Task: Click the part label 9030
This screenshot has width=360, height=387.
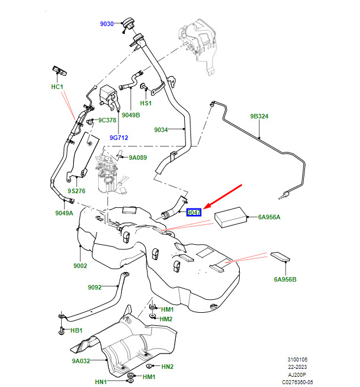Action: [x=107, y=24]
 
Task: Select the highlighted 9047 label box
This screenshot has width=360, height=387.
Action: [x=194, y=212]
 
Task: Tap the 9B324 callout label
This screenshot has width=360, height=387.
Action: [x=259, y=116]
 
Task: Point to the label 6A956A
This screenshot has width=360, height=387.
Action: [x=269, y=217]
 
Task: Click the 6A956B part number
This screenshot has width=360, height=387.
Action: [x=285, y=279]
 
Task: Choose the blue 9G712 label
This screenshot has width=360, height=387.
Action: [x=118, y=138]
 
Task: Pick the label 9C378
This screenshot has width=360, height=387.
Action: [x=107, y=120]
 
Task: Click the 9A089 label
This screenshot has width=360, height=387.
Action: [x=138, y=158]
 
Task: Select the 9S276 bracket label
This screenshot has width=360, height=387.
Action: [x=77, y=191]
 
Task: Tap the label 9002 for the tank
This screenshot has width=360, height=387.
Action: [x=81, y=266]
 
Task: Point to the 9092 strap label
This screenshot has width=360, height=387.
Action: [x=95, y=287]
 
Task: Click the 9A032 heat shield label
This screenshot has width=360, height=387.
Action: [x=81, y=361]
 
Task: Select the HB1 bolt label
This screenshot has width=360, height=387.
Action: [x=77, y=330]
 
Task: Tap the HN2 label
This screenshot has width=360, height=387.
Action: [x=167, y=367]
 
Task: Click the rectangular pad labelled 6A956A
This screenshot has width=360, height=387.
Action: [x=231, y=218]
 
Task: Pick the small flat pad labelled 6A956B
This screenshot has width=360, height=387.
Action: [x=280, y=257]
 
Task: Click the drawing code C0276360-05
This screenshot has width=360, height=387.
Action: [x=298, y=382]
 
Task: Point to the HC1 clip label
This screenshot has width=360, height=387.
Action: [x=57, y=87]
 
